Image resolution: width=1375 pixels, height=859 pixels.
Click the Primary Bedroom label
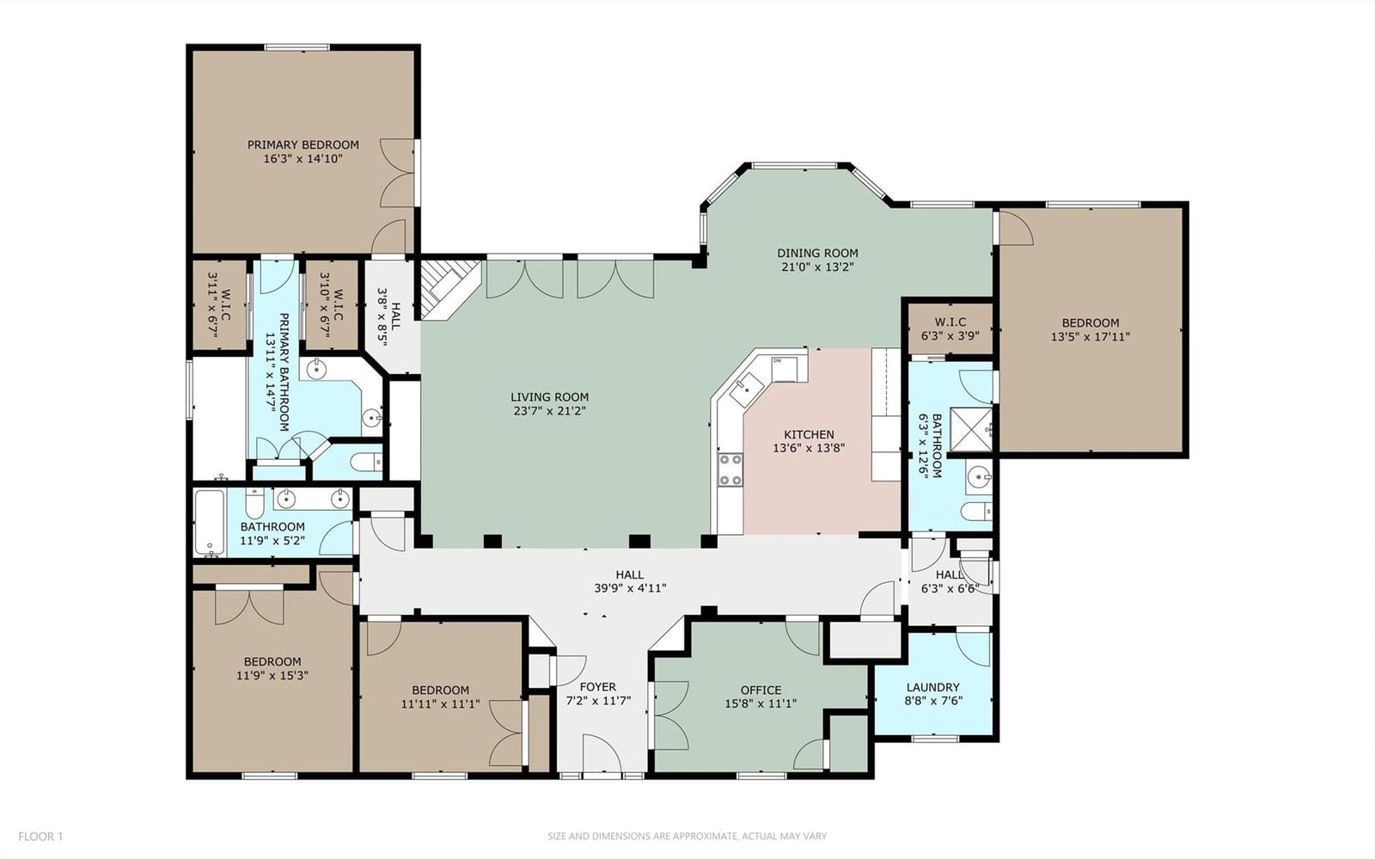(x=303, y=145)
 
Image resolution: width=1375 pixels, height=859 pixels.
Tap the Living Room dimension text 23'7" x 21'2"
(x=550, y=411)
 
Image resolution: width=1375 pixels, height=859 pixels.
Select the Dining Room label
(x=817, y=253)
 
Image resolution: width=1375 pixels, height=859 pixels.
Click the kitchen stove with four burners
(x=730, y=469)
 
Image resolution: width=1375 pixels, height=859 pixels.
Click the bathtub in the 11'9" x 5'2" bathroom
(x=211, y=523)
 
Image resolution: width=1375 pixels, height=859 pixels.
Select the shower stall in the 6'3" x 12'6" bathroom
(x=970, y=429)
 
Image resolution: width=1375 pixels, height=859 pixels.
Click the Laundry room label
(x=932, y=687)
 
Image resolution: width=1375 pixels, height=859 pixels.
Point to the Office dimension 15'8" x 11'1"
(x=761, y=703)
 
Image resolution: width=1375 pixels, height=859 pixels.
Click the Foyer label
(x=598, y=687)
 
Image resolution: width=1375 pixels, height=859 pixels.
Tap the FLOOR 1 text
(x=40, y=837)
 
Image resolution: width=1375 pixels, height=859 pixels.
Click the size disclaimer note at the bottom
(x=687, y=837)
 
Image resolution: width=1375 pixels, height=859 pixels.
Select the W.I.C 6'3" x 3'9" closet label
(x=950, y=329)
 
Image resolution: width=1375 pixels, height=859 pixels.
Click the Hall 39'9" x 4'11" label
(x=630, y=581)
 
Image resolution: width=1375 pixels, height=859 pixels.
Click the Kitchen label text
(x=809, y=435)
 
